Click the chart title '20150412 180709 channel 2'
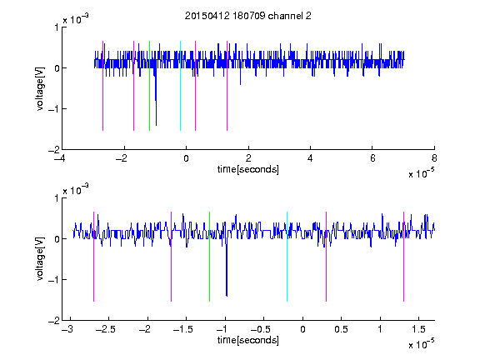tap(248, 16)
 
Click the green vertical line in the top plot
tap(149, 86)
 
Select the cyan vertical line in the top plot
tap(180, 86)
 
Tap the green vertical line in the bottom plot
tap(209, 257)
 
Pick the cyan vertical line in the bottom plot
tap(287, 257)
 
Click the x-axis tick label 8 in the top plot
tap(434, 158)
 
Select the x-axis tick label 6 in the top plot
tap(372, 158)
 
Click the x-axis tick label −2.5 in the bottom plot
tap(106, 329)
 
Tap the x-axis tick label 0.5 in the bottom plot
tap(341, 329)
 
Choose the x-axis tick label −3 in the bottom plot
tap(67, 329)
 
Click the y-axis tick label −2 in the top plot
tap(54, 150)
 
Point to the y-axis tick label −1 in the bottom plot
tap(54, 279)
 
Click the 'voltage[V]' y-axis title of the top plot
tap(40, 88)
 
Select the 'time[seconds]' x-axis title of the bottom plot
tap(248, 340)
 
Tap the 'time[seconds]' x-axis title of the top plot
tap(248, 169)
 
